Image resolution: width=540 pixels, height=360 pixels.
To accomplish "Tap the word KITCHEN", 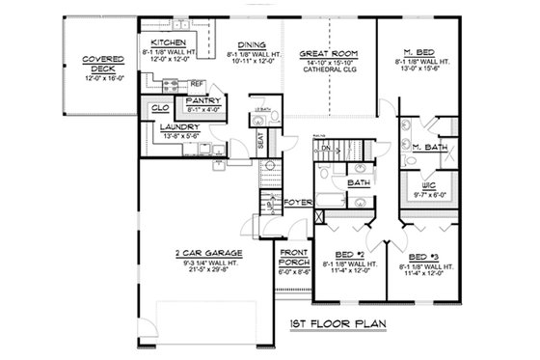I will (x=168, y=43).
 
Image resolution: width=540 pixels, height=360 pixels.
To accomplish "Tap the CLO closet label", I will (x=160, y=109).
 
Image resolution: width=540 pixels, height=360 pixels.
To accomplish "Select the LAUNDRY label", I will (x=180, y=127).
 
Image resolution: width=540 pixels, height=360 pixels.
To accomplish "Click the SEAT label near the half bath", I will (x=260, y=140).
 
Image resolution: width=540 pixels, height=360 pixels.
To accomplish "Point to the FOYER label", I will (x=296, y=203).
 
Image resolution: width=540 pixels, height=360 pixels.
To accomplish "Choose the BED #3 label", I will (x=425, y=257).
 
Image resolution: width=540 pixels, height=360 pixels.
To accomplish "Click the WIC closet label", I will (x=423, y=183).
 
